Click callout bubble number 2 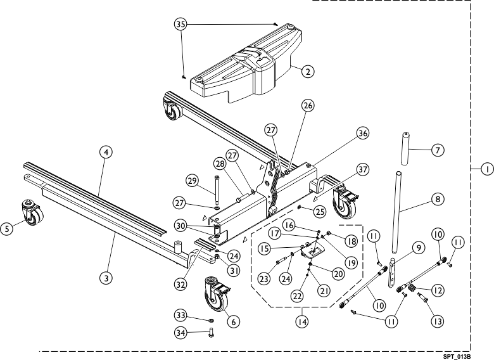(x=308, y=71)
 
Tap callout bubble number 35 (x=181, y=24)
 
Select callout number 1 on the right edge (x=487, y=169)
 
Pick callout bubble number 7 (x=437, y=150)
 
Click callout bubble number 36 (x=363, y=133)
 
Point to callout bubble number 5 (x=7, y=228)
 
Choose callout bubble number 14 (x=302, y=321)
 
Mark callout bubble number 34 (x=181, y=332)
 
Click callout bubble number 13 (x=437, y=321)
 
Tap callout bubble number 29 (x=192, y=181)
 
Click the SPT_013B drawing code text (x=457, y=357)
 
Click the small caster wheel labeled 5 (x=32, y=212)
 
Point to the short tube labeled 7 (x=406, y=148)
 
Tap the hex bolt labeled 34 (x=212, y=333)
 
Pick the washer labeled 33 (x=211, y=320)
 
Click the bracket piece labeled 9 (x=391, y=273)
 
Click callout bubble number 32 (x=181, y=285)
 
